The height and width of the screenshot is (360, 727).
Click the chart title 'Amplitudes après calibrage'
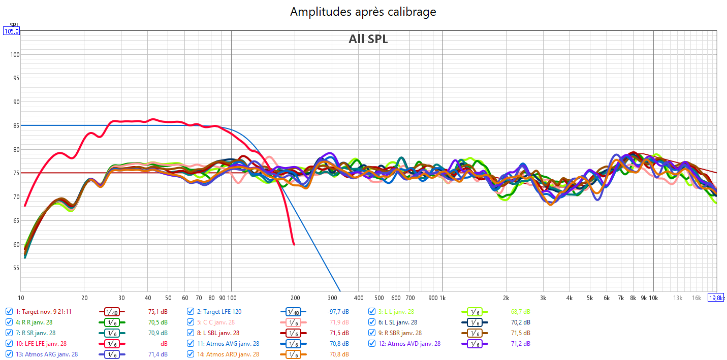coord(363,12)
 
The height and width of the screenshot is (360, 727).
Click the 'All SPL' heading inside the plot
coord(368,39)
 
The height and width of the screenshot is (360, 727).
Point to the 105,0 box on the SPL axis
coord(11,31)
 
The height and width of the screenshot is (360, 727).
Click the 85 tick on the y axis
coord(16,125)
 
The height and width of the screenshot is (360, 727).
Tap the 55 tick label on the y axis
coord(16,268)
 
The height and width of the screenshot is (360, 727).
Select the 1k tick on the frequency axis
coord(442,298)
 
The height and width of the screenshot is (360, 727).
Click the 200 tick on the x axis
coord(295,298)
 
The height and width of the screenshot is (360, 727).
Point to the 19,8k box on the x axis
coord(717,298)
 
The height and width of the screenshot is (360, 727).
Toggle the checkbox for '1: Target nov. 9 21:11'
coord(9,311)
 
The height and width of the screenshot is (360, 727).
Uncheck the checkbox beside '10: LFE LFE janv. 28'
coord(9,344)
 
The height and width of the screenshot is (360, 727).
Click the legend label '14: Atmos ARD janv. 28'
coord(228,354)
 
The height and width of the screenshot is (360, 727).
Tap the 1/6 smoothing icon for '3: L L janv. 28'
coord(473,312)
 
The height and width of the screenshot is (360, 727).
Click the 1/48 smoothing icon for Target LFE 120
coord(293,312)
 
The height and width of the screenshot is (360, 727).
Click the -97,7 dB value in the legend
coord(338,311)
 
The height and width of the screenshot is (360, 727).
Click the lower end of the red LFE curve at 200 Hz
coord(294,244)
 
